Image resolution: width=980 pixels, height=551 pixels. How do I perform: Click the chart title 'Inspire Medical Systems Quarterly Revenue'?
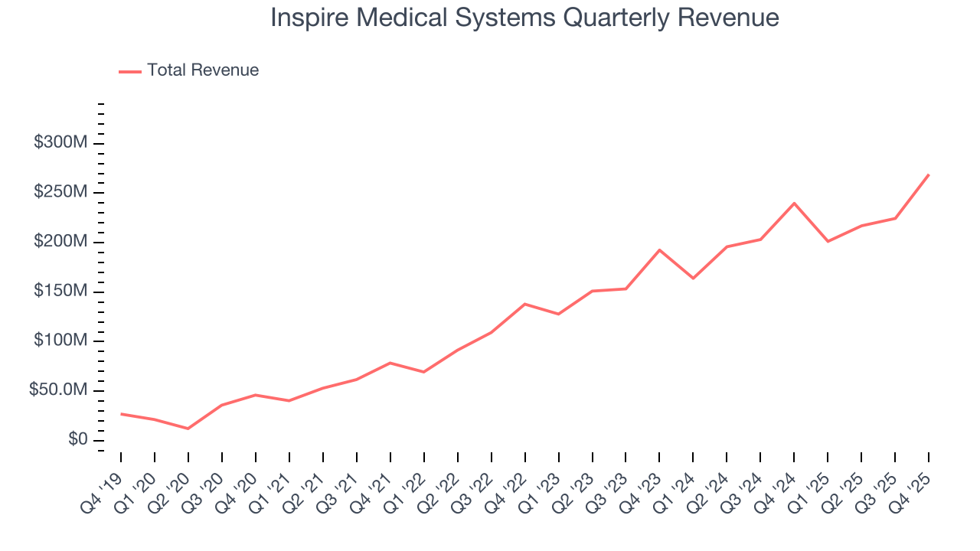(x=524, y=18)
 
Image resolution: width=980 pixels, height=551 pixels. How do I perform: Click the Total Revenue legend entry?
(x=189, y=70)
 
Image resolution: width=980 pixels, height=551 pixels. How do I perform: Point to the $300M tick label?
(x=60, y=143)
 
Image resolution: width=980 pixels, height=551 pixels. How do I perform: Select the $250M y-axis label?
(x=60, y=192)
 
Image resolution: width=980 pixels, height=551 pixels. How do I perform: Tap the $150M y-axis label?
(x=60, y=292)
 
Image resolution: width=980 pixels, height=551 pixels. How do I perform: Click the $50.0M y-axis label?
(x=58, y=390)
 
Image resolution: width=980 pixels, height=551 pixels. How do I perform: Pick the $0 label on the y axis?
(x=77, y=440)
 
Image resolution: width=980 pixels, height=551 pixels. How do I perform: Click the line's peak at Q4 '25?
(x=929, y=174)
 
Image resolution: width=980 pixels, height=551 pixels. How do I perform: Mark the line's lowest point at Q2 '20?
(x=188, y=429)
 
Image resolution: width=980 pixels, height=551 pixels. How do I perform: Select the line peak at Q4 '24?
(x=794, y=203)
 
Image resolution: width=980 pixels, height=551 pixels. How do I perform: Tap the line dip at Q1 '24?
(x=693, y=279)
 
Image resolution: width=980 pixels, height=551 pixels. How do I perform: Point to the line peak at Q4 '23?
(x=659, y=249)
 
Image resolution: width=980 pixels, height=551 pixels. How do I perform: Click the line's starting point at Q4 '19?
(x=121, y=414)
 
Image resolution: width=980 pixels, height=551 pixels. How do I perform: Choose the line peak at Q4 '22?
(x=524, y=304)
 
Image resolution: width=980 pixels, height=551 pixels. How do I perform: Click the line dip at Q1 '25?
(x=828, y=242)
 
